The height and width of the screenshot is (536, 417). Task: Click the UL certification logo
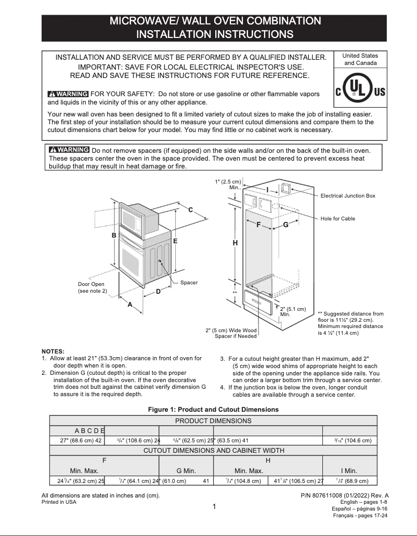tap(360, 92)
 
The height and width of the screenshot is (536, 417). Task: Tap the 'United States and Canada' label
tap(360, 59)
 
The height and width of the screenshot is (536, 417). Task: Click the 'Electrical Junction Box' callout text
tap(347, 196)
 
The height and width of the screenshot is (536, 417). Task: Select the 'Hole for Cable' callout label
tap(337, 219)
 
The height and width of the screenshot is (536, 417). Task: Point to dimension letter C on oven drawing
tap(190, 210)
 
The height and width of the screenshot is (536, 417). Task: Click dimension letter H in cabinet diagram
tap(235, 243)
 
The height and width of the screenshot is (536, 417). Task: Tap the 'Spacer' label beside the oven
tap(189, 283)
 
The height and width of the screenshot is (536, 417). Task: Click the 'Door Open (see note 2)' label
tap(92, 287)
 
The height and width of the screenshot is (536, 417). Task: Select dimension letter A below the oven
tap(130, 305)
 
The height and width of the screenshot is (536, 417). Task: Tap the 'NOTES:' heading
tap(53, 351)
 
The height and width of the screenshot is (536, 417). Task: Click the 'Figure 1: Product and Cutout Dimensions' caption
tap(213, 410)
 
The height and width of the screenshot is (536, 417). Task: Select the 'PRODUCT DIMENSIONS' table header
tap(213, 421)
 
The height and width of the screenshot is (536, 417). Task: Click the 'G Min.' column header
tap(186, 470)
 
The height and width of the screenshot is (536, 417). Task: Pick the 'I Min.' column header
tap(349, 470)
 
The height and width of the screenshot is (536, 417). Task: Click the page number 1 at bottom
tap(214, 507)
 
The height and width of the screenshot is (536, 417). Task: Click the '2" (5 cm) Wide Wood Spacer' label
tap(231, 333)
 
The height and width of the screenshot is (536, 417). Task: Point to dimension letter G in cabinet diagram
tap(285, 225)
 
